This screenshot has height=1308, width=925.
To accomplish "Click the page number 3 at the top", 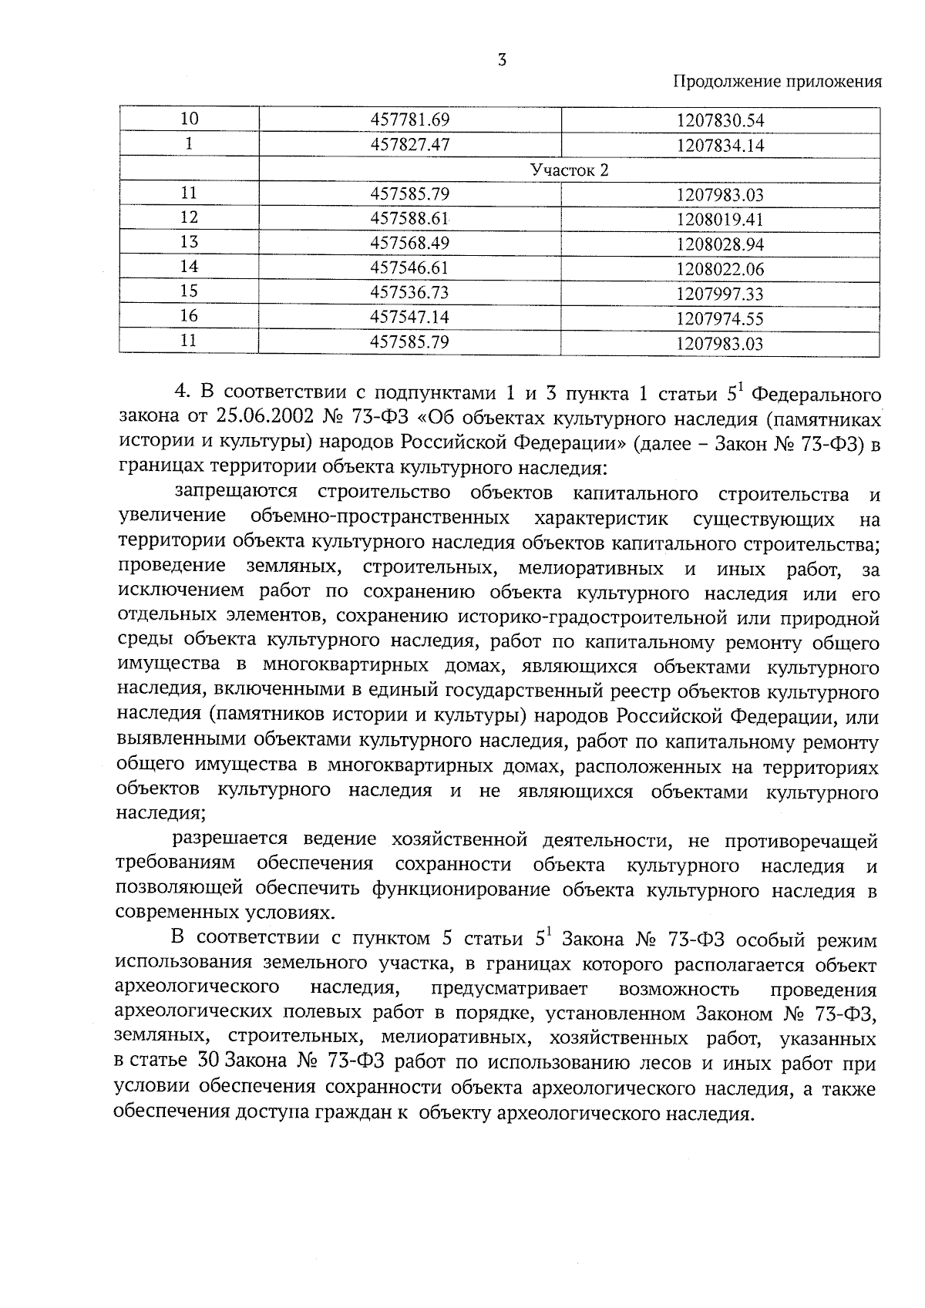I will click(502, 60).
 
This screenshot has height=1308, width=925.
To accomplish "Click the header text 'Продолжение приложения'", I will click(778, 82).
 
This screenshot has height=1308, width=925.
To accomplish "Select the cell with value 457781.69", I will click(409, 119).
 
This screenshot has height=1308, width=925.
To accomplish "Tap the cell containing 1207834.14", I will click(720, 146).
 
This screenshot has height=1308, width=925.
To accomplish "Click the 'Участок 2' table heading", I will click(569, 170).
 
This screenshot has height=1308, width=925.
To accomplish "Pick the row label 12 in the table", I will click(189, 217).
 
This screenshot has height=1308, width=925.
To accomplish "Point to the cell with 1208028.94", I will click(720, 244).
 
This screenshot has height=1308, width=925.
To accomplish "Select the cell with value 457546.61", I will click(409, 267).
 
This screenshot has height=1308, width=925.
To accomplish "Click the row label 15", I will click(189, 291).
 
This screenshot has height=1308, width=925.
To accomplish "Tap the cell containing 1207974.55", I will click(720, 318).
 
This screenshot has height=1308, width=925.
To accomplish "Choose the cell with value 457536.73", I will click(409, 292).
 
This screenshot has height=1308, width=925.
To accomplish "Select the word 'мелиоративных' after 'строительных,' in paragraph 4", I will click(591, 569).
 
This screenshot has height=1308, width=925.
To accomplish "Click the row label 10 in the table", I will click(189, 119).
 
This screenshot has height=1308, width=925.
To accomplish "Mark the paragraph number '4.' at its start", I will click(182, 394).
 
